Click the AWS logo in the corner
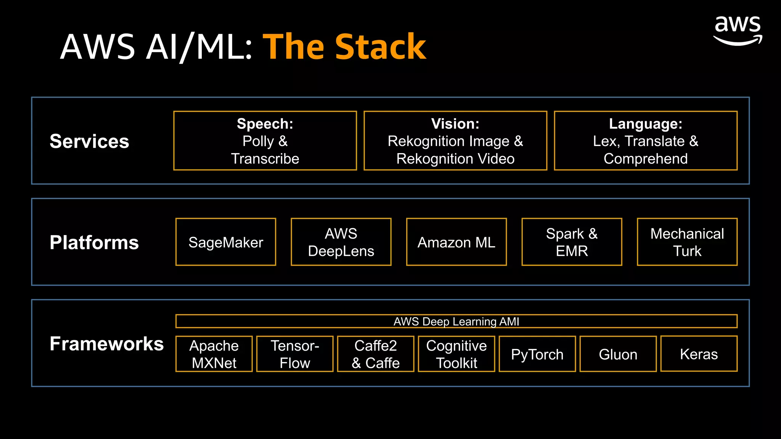[738, 30]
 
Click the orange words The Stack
[344, 47]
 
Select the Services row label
[89, 141]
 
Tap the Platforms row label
[94, 242]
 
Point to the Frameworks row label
[106, 344]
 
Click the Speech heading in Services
[265, 124]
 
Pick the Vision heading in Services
[455, 124]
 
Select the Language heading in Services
[646, 124]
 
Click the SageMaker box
[226, 242]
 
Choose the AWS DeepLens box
[341, 242]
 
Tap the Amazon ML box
[456, 242]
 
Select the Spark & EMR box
[572, 242]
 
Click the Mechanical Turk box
[687, 242]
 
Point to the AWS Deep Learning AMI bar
[456, 321]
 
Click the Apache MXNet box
[214, 354]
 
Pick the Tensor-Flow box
[295, 354]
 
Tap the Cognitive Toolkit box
[456, 354]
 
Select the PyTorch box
[537, 354]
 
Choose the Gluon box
[618, 354]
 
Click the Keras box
[699, 354]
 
